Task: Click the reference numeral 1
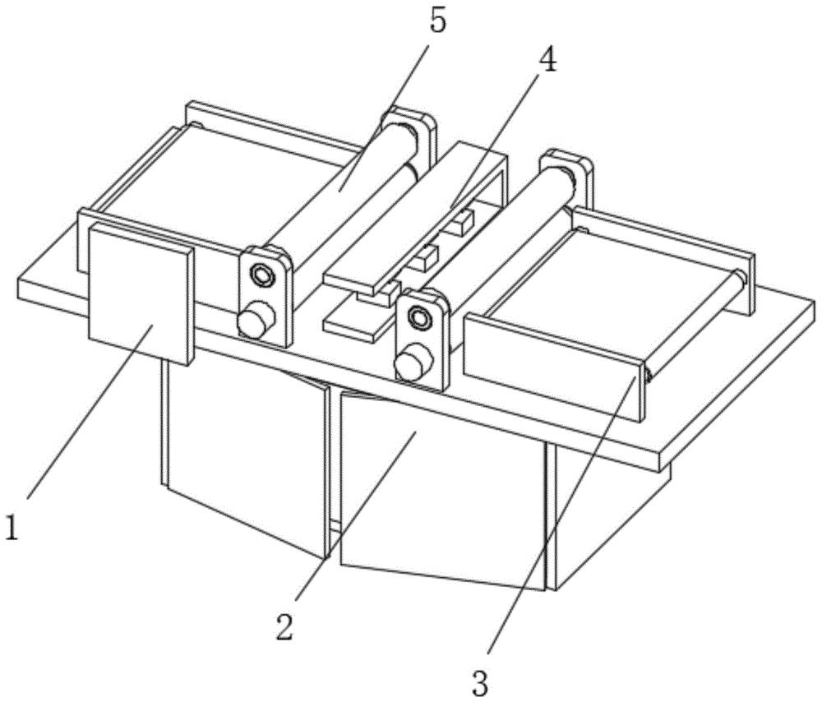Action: click(12, 528)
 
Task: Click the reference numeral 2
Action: click(285, 626)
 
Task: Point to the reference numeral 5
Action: click(439, 20)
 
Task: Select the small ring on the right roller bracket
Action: click(419, 316)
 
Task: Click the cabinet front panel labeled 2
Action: click(442, 492)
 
